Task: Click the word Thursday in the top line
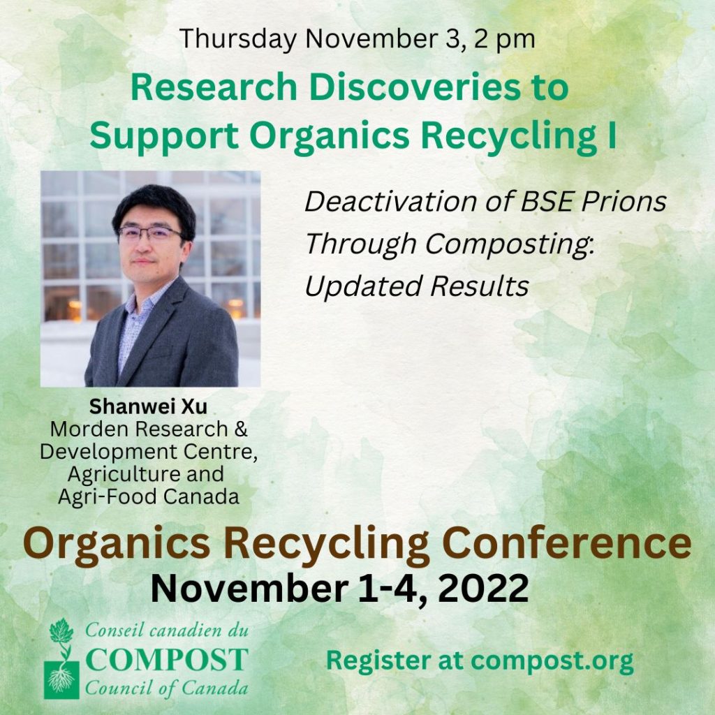click(x=238, y=39)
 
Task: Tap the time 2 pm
click(x=504, y=40)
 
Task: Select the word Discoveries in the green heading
click(x=415, y=87)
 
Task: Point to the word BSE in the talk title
click(x=546, y=202)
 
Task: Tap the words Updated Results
click(x=417, y=287)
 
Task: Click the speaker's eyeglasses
click(x=149, y=233)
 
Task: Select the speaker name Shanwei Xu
click(x=148, y=407)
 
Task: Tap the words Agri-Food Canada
click(x=149, y=496)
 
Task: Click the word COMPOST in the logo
click(x=167, y=659)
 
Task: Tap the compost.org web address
click(x=552, y=662)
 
